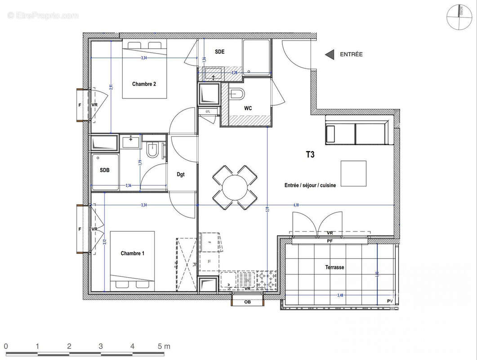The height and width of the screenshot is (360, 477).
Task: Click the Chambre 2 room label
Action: pos(144,84)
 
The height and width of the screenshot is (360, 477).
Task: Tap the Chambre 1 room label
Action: pos(132,253)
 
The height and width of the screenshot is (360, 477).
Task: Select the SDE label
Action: pos(219,52)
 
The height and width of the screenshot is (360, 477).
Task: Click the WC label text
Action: pos(248,108)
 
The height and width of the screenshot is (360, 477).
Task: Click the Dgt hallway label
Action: pos(180,175)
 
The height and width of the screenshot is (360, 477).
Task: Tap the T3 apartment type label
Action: pos(310,154)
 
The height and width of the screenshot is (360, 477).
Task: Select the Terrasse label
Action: pos(334,267)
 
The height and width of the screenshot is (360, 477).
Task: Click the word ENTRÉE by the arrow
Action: pos(351,54)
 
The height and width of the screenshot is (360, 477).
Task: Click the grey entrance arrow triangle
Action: pos(330,54)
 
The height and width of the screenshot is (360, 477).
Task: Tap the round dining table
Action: pos(235,187)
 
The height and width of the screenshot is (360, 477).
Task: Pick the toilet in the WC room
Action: pos(236,94)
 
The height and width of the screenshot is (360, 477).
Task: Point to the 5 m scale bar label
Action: pos(164,346)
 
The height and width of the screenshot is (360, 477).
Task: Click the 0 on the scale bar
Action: pos(6,346)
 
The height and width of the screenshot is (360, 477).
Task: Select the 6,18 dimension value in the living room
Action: pos(296,205)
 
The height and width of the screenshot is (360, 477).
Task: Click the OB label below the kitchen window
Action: pos(247,302)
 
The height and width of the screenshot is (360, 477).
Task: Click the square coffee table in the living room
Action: pos(353,173)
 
